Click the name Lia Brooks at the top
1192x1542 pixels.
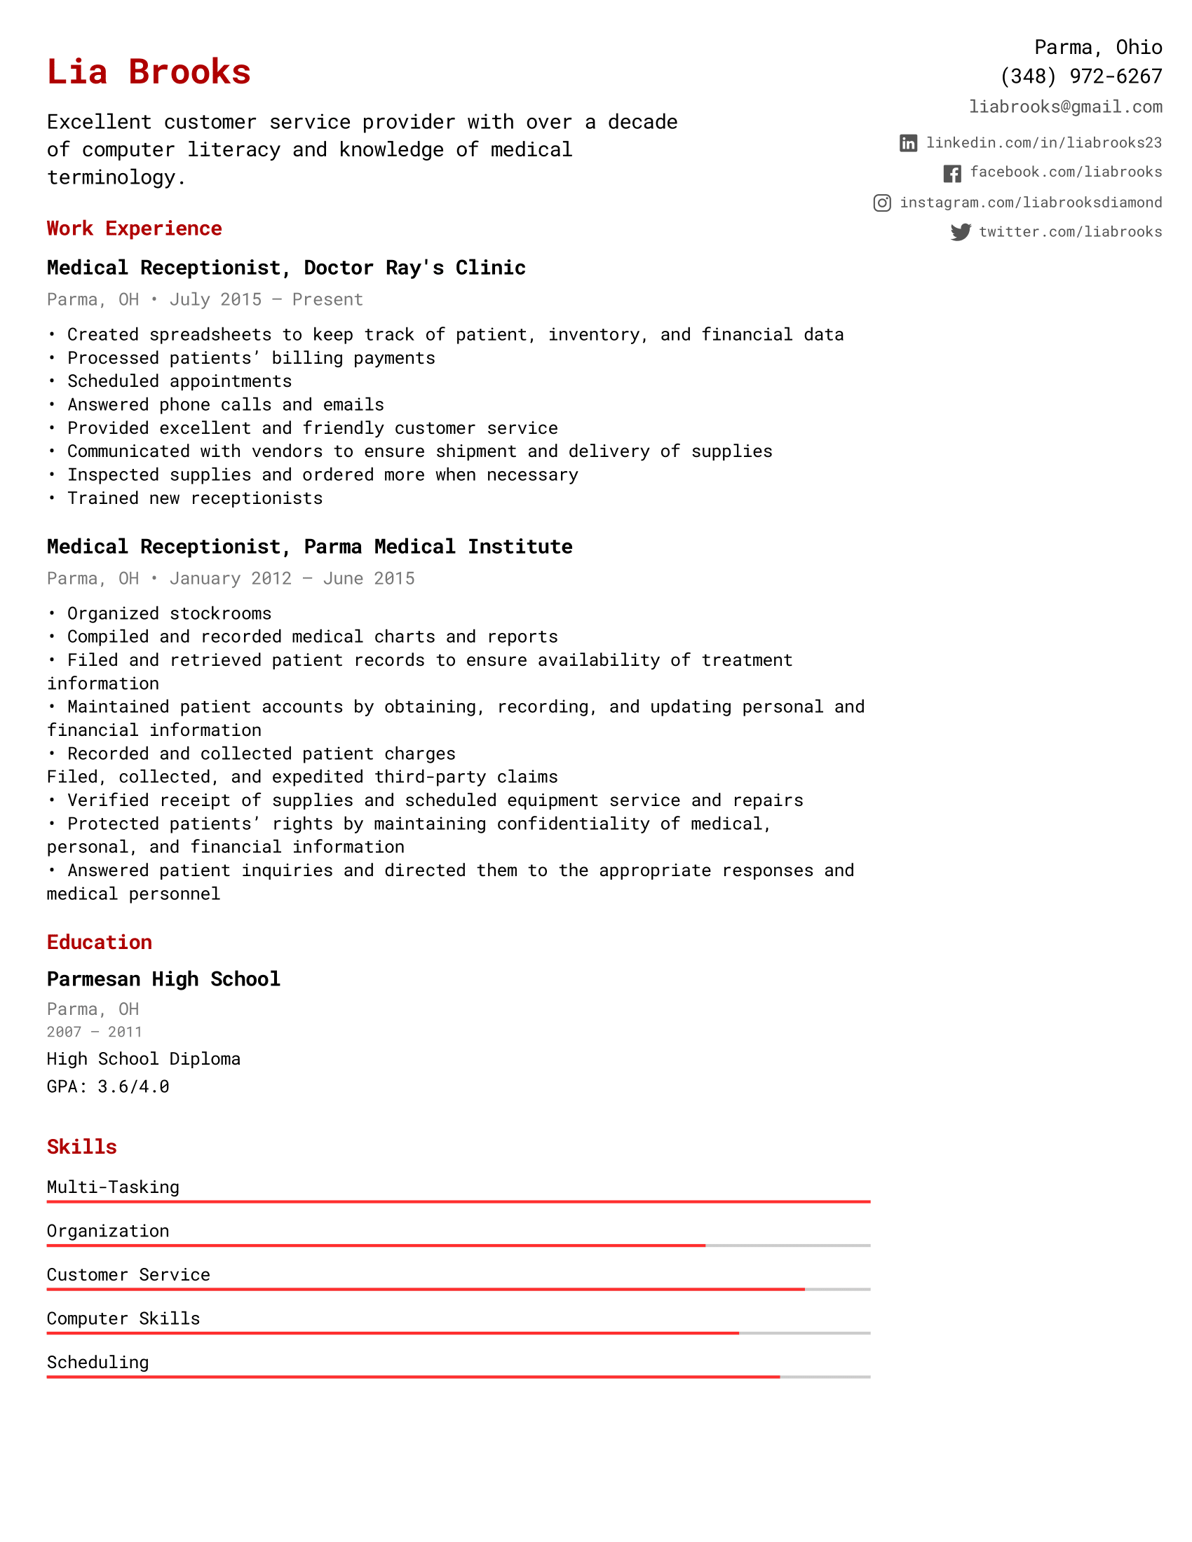[148, 72]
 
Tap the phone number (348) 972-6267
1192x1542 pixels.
[1081, 76]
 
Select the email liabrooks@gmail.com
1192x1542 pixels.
[1065, 107]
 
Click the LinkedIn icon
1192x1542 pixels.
[908, 143]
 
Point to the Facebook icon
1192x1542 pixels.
[952, 173]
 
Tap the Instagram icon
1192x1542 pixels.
[882, 203]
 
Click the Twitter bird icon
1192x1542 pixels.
[961, 232]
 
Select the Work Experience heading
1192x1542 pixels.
[134, 228]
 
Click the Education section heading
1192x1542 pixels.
[100, 942]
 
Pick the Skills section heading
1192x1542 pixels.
[82, 1147]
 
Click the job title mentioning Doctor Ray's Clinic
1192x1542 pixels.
[286, 268]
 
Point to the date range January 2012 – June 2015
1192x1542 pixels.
[292, 578]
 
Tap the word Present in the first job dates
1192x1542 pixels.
[327, 299]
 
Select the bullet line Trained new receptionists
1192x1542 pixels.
[194, 498]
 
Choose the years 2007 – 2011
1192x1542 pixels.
[94, 1032]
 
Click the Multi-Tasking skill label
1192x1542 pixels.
[113, 1187]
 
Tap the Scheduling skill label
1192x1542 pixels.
[97, 1362]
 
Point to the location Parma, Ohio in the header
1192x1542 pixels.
[1097, 47]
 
